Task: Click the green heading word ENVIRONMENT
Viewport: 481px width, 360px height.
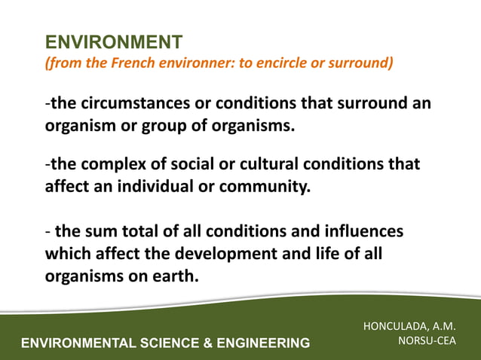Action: (x=114, y=41)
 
